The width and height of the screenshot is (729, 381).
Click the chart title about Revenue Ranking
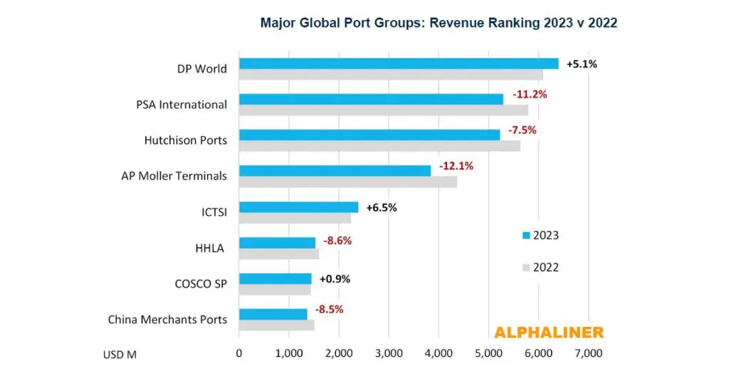point(438,23)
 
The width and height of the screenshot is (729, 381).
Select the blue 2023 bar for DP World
point(399,63)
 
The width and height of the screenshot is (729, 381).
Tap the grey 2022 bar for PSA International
point(383,110)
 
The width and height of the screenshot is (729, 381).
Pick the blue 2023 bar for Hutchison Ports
point(369,135)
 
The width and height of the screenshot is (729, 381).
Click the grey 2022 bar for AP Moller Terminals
point(347,182)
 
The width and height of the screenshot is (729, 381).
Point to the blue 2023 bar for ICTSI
point(298,207)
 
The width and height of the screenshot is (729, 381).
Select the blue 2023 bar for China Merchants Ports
point(273,314)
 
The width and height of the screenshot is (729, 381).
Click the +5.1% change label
point(582,64)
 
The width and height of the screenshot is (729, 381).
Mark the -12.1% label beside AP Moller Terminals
point(456,166)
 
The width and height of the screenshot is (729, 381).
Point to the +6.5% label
point(381,208)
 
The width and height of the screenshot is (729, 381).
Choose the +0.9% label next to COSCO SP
point(335,278)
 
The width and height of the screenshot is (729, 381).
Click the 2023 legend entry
point(540,235)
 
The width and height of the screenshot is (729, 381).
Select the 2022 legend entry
point(540,268)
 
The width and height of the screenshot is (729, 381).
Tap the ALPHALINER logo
point(548,333)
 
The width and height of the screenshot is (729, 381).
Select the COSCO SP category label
point(201,283)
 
